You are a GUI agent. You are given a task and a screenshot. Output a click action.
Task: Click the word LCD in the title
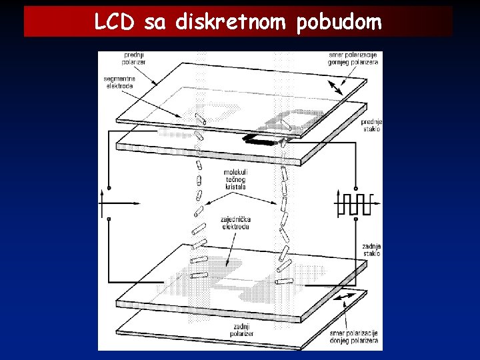click(x=115, y=22)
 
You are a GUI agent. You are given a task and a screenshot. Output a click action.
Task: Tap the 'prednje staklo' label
click(x=371, y=125)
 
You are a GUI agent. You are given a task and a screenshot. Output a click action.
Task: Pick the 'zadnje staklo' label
click(x=371, y=249)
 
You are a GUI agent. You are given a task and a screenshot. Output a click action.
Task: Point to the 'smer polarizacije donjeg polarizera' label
click(x=353, y=336)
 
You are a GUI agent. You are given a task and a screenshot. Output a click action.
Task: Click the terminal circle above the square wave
click(x=356, y=188)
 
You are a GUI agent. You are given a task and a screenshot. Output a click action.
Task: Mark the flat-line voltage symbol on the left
click(x=107, y=203)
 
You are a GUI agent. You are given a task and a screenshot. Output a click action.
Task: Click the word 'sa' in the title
click(x=154, y=23)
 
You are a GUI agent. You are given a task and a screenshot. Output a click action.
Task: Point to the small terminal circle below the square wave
click(x=356, y=217)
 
